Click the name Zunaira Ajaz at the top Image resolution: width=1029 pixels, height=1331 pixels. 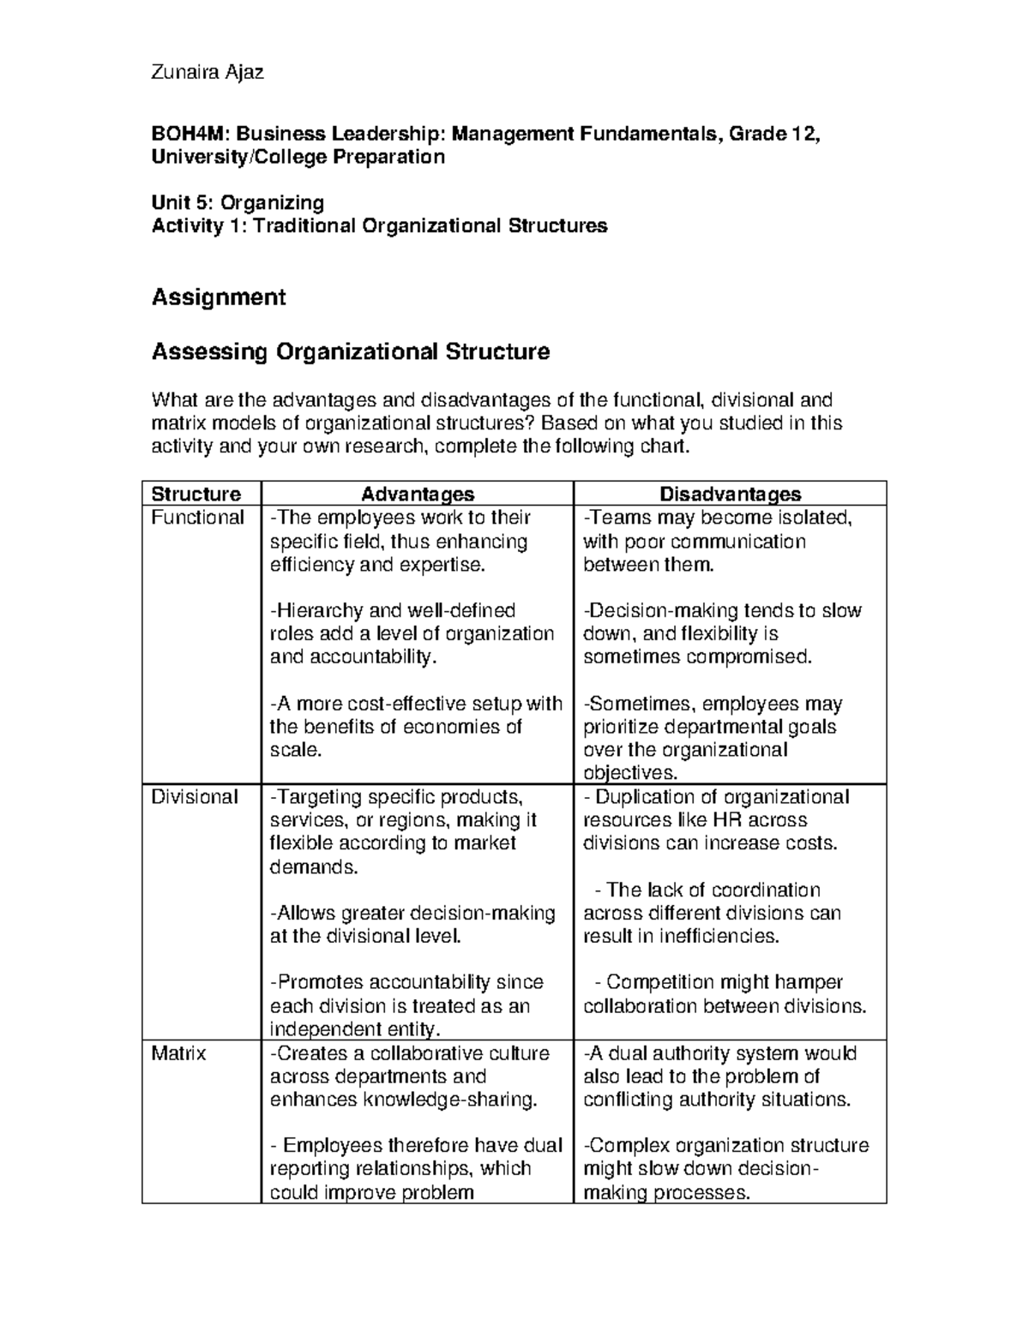(x=207, y=72)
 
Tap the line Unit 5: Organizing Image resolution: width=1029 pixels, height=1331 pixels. (x=238, y=202)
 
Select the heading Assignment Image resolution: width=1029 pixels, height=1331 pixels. (x=218, y=297)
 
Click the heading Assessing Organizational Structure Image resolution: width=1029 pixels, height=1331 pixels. (x=350, y=352)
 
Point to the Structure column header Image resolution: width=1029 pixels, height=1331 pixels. (x=196, y=494)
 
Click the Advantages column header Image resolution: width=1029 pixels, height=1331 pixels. (x=417, y=494)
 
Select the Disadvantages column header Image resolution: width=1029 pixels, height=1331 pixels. (x=729, y=494)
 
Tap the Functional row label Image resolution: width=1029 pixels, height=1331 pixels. (x=197, y=518)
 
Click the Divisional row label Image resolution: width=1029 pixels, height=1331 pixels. (x=194, y=797)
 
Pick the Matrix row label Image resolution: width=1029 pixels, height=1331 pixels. (x=178, y=1053)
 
